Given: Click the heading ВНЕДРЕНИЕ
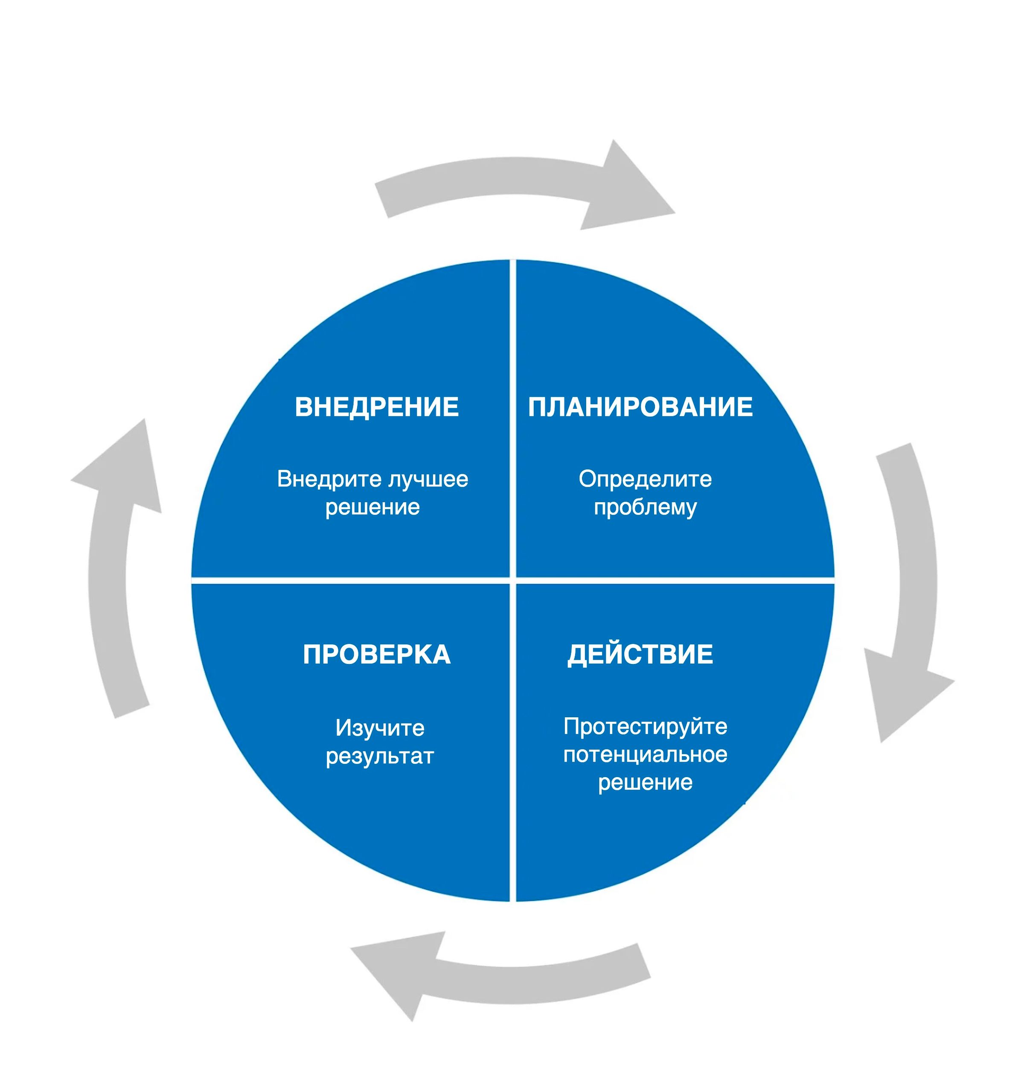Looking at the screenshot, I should pos(377,407).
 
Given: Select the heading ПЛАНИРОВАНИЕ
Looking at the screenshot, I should pos(640,407).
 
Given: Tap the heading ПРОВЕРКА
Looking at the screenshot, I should pos(377,655).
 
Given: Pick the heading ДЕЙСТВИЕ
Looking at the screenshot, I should pos(640,655).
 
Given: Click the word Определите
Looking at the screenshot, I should pos(645,479).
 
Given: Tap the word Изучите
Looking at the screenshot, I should pos(380,728).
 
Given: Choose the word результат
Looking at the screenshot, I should pos(380,757).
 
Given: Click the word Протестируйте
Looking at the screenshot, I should pos(645,727).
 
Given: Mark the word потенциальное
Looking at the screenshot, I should pos(645,755).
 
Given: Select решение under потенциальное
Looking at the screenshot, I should pos(645,783).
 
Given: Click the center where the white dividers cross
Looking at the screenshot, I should pos(512,580).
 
